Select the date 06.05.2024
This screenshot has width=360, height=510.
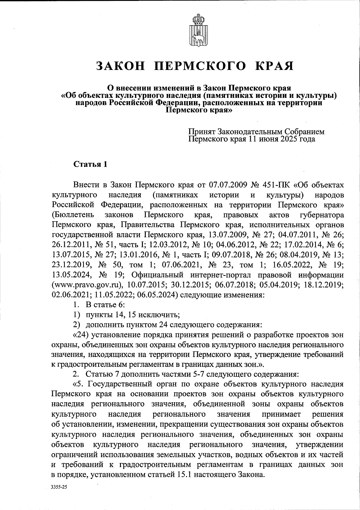[x=156, y=294]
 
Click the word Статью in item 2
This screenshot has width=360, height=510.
[x=99, y=374]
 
